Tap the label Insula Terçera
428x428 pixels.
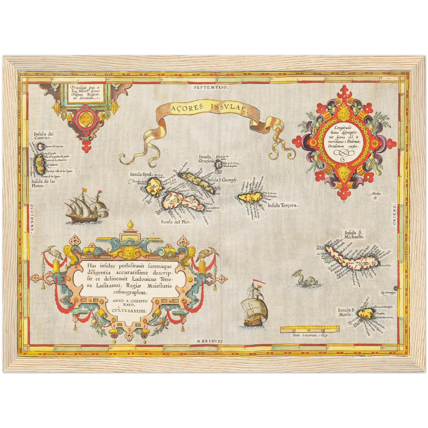(x=283, y=205)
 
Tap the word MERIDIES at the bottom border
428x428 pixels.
(x=210, y=341)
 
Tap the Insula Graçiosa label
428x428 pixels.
(x=206, y=159)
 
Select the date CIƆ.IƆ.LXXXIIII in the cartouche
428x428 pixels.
(x=128, y=311)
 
